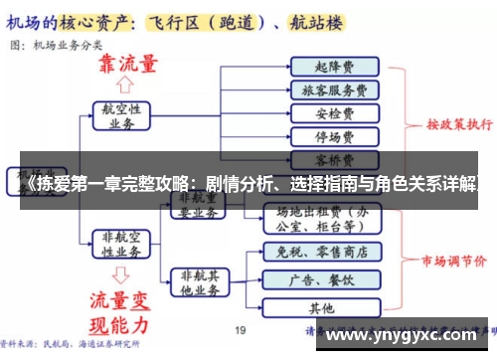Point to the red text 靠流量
pos(126,64)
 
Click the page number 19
pos(240,330)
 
